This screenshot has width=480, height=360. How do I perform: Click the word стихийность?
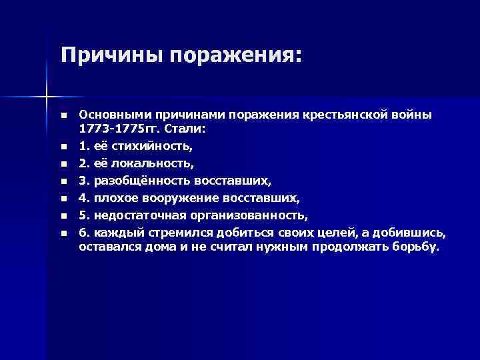pos(142,144)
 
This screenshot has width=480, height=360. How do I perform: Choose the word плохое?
pos(113,197)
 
